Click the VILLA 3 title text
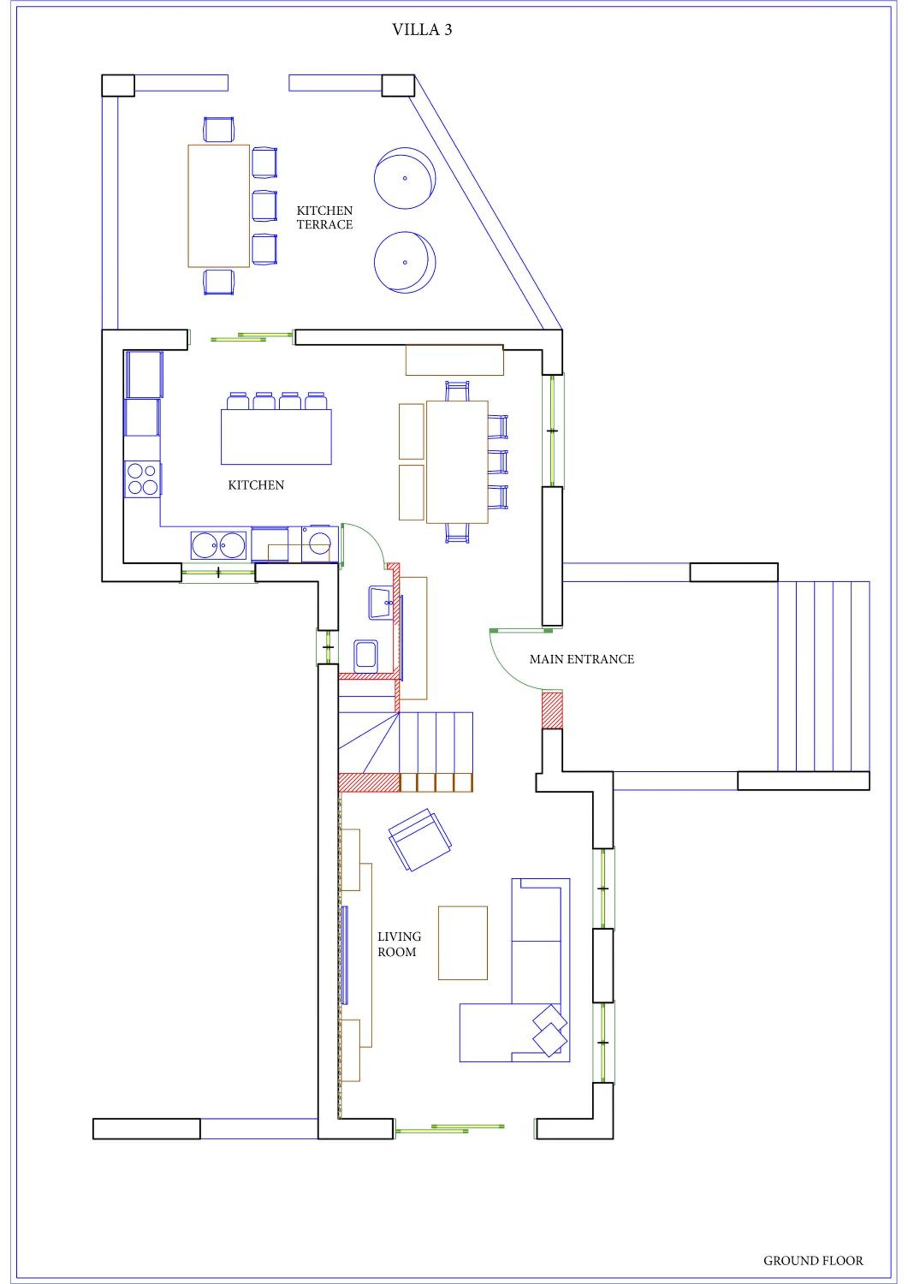422,30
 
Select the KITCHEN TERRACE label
324,217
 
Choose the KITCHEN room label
256,485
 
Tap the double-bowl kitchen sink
218,545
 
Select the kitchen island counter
276,437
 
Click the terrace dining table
219,206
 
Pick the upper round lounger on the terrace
405,178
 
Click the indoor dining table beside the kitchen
457,462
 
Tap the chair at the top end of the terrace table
219,129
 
